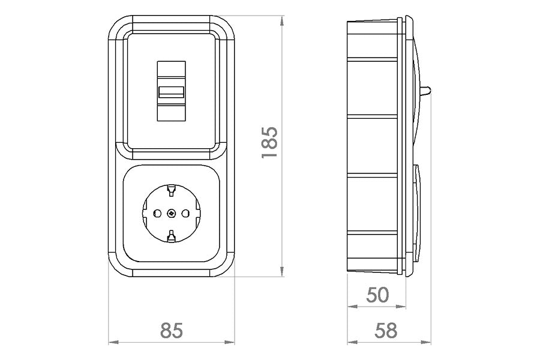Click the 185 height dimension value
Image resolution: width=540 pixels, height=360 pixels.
[269, 143]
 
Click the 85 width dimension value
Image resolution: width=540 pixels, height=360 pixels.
[171, 331]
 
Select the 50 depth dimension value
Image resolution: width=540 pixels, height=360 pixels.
[378, 295]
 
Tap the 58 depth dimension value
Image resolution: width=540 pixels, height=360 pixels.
[386, 331]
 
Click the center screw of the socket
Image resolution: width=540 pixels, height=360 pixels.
[171, 214]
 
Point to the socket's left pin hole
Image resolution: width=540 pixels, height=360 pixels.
[157, 214]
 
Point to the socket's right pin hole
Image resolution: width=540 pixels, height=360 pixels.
[185, 214]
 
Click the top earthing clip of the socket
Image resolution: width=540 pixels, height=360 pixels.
[171, 190]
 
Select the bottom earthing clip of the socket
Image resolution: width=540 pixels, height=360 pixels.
[171, 236]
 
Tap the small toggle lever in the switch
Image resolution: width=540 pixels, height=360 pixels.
[171, 92]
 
